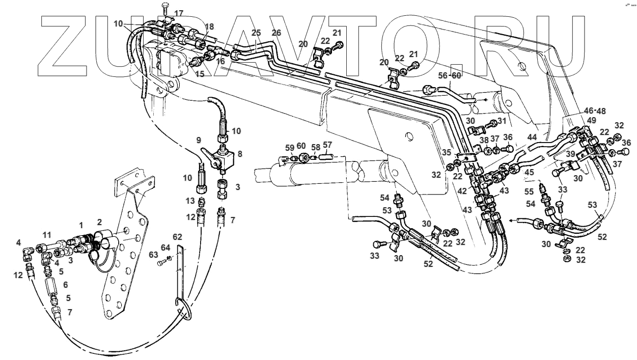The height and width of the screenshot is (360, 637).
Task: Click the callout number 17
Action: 179,13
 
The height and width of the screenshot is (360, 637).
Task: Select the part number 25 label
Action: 256,33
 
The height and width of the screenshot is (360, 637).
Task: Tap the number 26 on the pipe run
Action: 276,33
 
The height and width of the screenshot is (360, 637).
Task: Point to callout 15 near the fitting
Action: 200,74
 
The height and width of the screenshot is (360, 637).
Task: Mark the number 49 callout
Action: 591,120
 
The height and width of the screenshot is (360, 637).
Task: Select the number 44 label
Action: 532,137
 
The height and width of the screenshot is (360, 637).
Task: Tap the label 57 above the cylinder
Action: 327,145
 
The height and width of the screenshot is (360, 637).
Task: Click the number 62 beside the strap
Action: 177,236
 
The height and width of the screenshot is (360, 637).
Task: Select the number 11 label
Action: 47,235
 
